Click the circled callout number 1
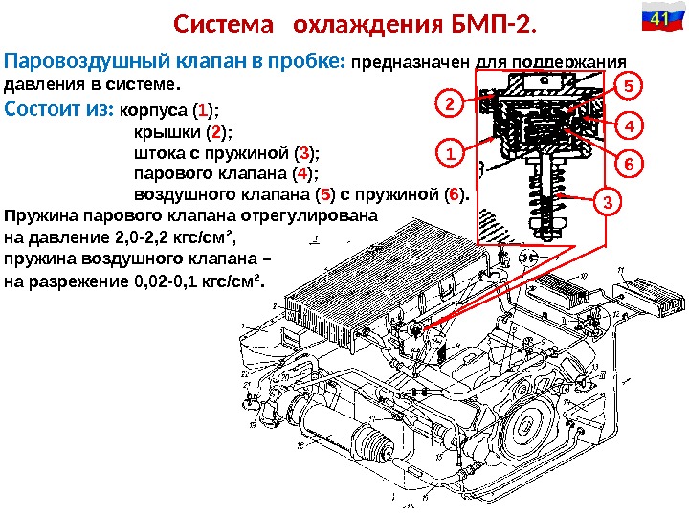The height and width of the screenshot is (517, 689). pyautogui.click(x=449, y=152)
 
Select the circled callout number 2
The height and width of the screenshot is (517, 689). pyautogui.click(x=449, y=101)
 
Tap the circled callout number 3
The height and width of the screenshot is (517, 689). pyautogui.click(x=606, y=202)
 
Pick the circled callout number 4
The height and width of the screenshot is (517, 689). pyautogui.click(x=628, y=125)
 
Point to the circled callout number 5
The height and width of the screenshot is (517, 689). pyautogui.click(x=628, y=86)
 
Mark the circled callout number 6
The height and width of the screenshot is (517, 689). pyautogui.click(x=628, y=165)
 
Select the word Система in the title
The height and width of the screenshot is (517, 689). pyautogui.click(x=216, y=23)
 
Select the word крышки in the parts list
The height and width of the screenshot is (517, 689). pyautogui.click(x=159, y=130)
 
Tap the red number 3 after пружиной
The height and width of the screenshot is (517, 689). pyautogui.click(x=304, y=152)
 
